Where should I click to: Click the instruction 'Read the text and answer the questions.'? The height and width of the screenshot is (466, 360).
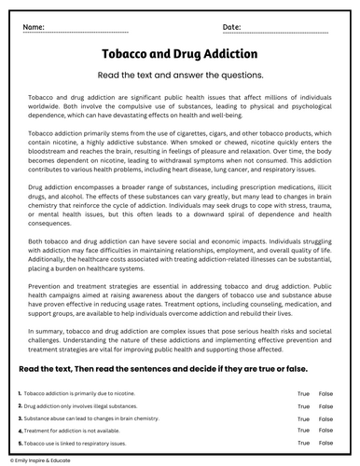point(180,75)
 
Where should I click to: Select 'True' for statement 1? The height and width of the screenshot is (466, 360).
point(303,394)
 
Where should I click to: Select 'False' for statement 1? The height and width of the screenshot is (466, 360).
point(325,394)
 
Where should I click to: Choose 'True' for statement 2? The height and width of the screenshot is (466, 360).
point(303,406)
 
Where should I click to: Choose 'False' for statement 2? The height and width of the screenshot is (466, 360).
point(325,406)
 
